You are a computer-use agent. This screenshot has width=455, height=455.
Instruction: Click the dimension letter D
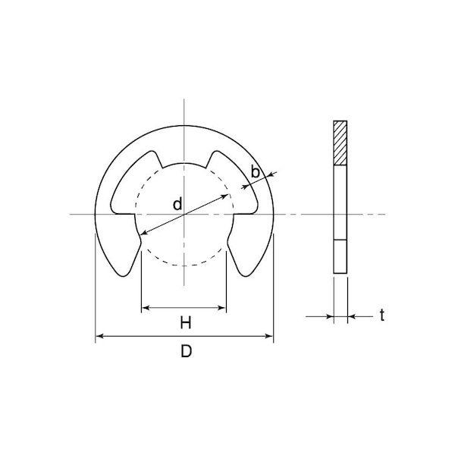click(186, 351)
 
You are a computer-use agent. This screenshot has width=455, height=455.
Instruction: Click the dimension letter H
click(186, 323)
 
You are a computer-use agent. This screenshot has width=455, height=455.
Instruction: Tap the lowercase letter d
click(177, 204)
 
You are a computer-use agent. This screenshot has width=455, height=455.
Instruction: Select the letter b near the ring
click(255, 172)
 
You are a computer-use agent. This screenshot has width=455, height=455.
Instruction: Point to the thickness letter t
click(382, 315)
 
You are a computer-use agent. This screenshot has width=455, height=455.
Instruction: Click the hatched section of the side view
click(340, 143)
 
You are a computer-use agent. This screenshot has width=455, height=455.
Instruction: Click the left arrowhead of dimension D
click(99, 336)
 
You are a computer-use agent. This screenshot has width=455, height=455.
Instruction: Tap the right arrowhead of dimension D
click(269, 336)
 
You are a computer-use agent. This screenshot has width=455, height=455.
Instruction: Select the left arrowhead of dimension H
click(146, 308)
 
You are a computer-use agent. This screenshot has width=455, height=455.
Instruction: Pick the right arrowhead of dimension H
click(222, 308)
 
